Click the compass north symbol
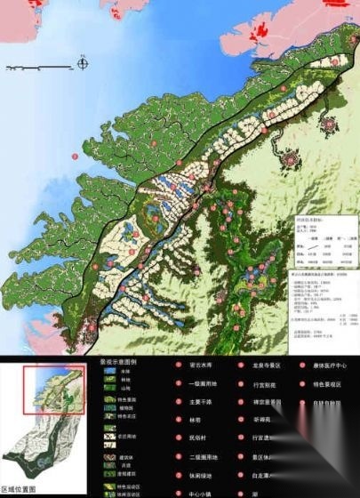[x=82, y=63]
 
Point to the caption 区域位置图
[x=20, y=490]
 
